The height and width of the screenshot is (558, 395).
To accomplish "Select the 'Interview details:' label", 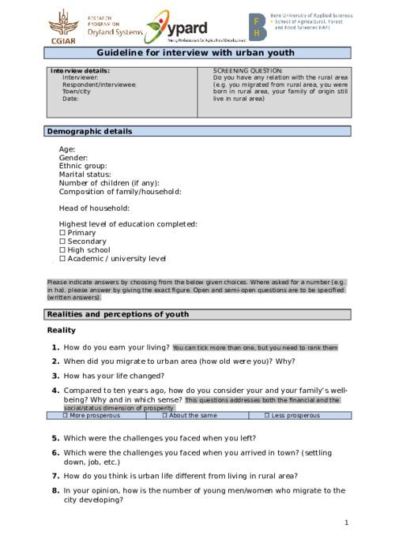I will click(80, 71).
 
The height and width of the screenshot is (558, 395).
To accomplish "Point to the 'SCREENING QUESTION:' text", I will click(247, 71).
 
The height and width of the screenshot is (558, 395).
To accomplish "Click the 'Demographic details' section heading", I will click(90, 132).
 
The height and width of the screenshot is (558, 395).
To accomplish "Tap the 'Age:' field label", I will click(67, 149).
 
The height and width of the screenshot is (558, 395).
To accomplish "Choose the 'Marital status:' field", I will click(85, 174).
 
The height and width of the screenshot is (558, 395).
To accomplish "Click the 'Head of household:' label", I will click(94, 208).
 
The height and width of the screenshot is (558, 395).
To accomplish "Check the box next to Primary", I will click(62, 233).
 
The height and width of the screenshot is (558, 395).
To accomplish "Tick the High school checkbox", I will click(62, 250).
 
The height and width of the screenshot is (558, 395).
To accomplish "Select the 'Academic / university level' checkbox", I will click(62, 259).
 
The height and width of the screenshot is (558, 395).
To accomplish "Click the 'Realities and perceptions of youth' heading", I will click(118, 315).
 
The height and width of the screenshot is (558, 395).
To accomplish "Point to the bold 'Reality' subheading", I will click(62, 330).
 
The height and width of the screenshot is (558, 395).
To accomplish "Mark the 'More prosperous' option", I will click(66, 415).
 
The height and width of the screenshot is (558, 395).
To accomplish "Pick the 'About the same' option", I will click(165, 415).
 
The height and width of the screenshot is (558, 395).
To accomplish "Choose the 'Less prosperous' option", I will click(267, 415).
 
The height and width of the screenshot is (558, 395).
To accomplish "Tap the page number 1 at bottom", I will click(346, 522).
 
